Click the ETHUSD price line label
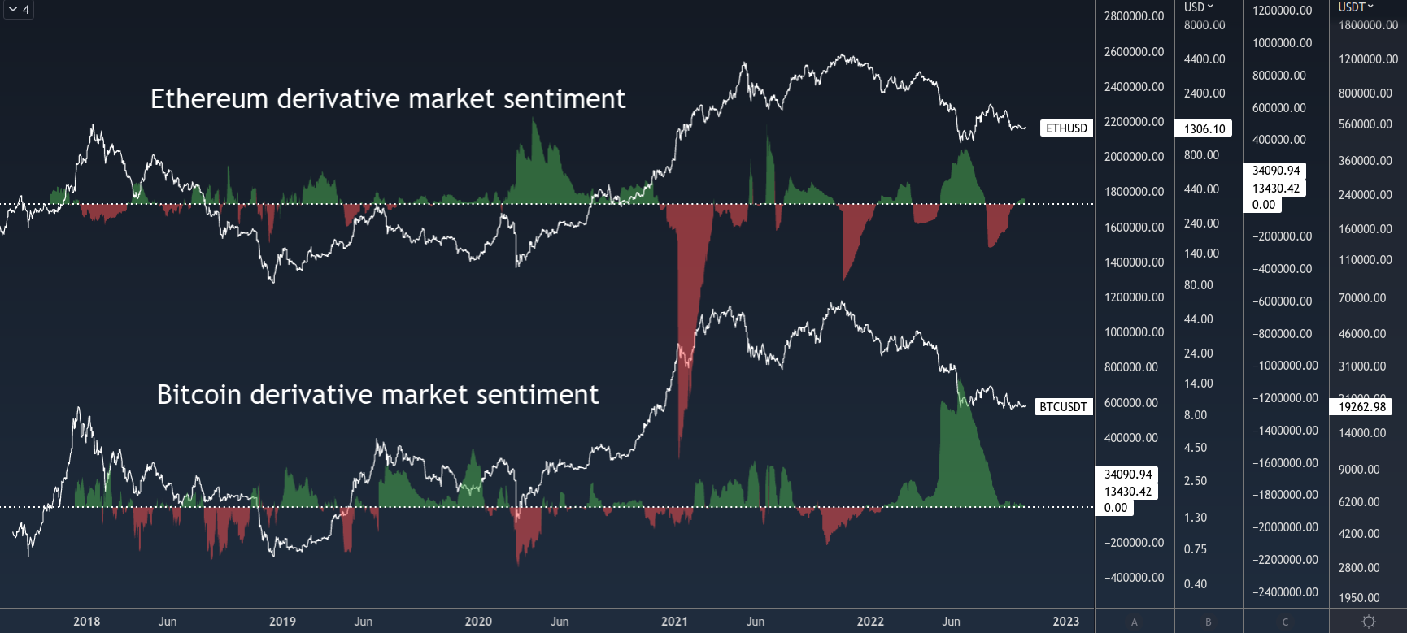(1066, 128)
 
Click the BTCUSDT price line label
(1063, 407)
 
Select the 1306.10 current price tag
(1204, 128)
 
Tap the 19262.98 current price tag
(1361, 407)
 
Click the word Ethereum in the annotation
(209, 99)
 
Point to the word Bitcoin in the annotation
(198, 395)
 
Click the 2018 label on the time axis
(87, 622)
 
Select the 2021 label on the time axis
(674, 622)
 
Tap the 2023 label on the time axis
(1065, 622)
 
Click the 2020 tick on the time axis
(478, 622)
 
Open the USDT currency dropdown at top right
(1355, 7)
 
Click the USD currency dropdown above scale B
(1198, 7)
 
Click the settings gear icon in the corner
(1369, 622)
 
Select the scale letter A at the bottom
(1135, 622)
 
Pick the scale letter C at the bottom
(1285, 622)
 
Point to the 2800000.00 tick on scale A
(1134, 16)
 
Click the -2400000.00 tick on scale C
(1285, 592)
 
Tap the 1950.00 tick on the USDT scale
(1359, 598)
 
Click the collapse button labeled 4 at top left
(18, 10)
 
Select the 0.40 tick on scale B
(1196, 584)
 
